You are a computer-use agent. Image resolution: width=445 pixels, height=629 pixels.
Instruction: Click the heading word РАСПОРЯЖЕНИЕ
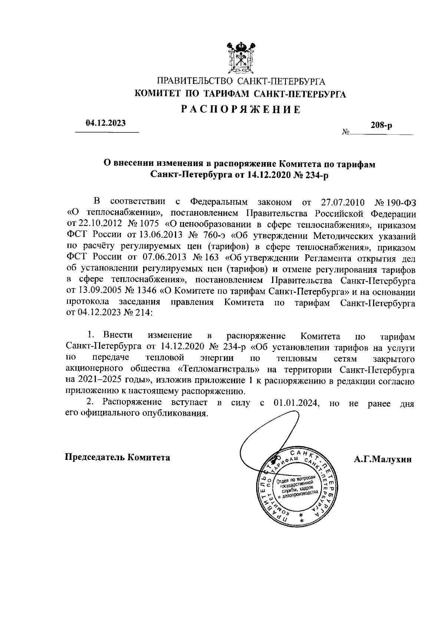coord(241,109)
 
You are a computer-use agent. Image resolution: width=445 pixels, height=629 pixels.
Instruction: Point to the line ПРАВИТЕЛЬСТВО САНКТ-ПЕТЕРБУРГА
coord(241,81)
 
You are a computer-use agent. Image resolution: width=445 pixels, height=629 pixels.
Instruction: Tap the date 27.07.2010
coord(342,202)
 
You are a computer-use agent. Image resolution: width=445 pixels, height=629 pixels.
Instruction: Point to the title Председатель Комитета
coord(118,457)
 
